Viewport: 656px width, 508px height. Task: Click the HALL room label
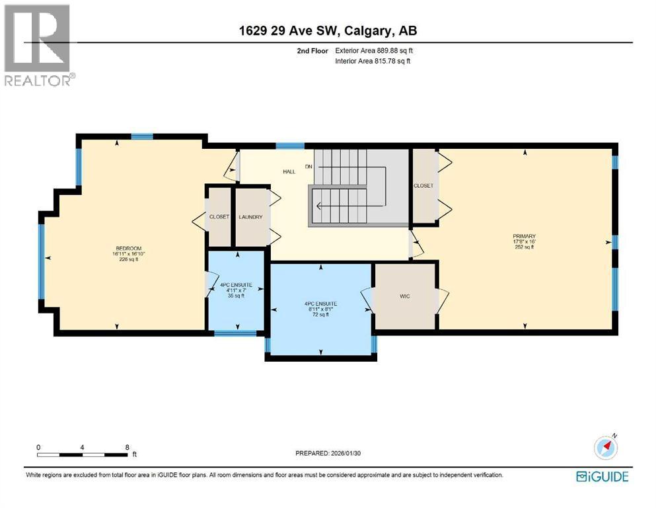(289, 171)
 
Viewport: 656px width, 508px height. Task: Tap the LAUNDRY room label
(251, 217)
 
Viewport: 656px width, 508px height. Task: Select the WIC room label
(405, 296)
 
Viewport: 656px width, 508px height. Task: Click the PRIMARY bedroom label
(524, 236)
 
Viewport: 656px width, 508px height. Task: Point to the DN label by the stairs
(309, 166)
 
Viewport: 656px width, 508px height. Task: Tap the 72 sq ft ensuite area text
(321, 315)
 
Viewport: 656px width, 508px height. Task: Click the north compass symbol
(606, 448)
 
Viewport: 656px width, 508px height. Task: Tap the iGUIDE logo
(602, 476)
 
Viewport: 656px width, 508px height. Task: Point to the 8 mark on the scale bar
(127, 447)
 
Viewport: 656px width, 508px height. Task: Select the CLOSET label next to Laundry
(219, 217)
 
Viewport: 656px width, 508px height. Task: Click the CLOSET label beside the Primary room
(423, 186)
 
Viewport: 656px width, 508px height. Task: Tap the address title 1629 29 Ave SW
(328, 30)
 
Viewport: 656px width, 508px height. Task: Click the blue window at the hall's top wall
(285, 146)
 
